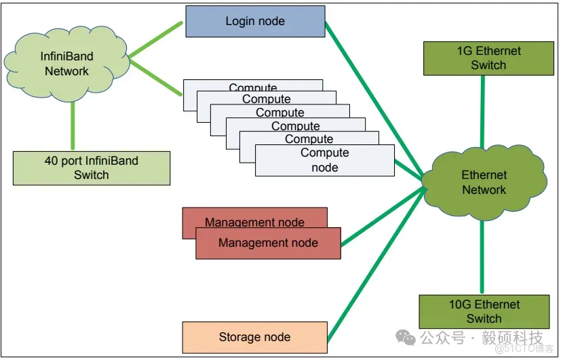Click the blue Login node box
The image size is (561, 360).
[254, 21]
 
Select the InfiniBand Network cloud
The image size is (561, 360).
[64, 63]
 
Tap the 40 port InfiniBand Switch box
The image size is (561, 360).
[91, 168]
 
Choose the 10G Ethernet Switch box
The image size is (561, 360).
[484, 311]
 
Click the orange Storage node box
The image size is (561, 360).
[254, 337]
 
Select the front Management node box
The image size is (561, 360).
[268, 243]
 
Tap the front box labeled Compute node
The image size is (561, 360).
[324, 161]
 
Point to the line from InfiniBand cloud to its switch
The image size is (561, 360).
[73, 129]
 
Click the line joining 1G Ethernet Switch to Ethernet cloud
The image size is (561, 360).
[484, 108]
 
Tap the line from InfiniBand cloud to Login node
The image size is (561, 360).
[156, 39]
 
